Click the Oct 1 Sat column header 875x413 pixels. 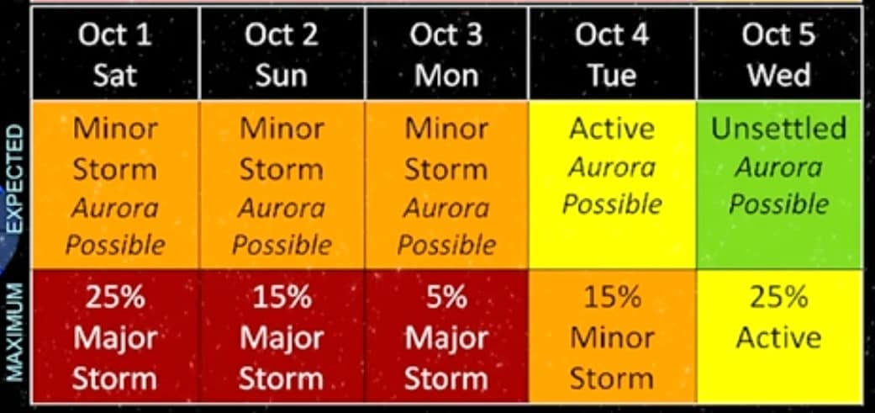coord(115,54)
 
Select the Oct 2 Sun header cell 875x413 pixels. coord(282,54)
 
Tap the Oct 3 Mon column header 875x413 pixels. coord(446,54)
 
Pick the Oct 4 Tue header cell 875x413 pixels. coord(612,54)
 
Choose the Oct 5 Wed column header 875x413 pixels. coord(779,54)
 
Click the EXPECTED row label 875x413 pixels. coord(16,178)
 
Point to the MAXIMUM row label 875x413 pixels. coord(16,332)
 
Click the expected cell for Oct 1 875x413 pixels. coord(115,185)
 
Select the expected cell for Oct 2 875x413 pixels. coord(282,185)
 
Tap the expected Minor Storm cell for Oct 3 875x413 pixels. coord(446,185)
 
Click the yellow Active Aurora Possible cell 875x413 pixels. coord(612,185)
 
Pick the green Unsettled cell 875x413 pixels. coord(779,185)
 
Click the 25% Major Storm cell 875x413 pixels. coord(115,336)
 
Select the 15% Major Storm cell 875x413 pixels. coord(282,336)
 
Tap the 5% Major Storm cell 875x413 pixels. coord(446,336)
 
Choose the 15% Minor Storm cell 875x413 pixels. coord(612,336)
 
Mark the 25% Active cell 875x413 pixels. coord(779,336)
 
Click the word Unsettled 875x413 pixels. coord(779,129)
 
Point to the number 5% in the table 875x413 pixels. coord(446,297)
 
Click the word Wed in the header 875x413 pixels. coord(779,75)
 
